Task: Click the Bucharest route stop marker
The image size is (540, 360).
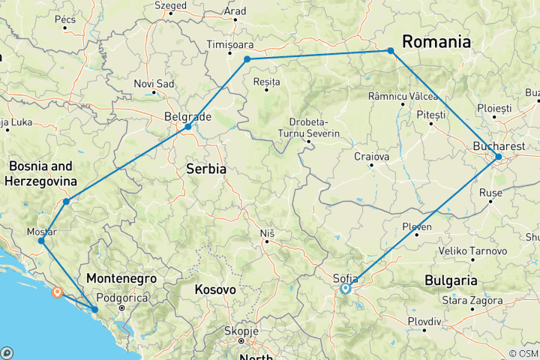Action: coord(498,157)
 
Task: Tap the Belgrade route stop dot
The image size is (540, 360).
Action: coord(187,127)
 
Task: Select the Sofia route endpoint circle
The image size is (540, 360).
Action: coord(346,288)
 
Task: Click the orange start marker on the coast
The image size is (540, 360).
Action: coord(57,292)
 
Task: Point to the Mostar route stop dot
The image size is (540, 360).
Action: coord(41,241)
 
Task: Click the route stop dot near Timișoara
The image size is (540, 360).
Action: coord(247,58)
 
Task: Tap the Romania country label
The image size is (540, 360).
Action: coord(437,42)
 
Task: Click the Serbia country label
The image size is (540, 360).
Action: coord(205,169)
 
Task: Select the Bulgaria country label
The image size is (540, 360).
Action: coord(451,280)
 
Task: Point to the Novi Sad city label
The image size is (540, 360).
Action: coord(154,83)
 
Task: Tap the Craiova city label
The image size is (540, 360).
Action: coord(373,157)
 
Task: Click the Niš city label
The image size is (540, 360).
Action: coord(267,234)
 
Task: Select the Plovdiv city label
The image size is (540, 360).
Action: coord(424,320)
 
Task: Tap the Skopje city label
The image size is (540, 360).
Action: coord(241,331)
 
